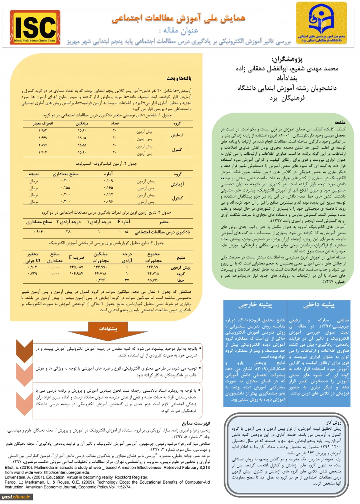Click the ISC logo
[x=35, y=27]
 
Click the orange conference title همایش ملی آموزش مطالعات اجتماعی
[x=178, y=18]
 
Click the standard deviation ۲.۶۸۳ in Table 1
[x=44, y=131]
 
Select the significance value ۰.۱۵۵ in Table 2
[x=66, y=187]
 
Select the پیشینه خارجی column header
[x=255, y=305]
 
